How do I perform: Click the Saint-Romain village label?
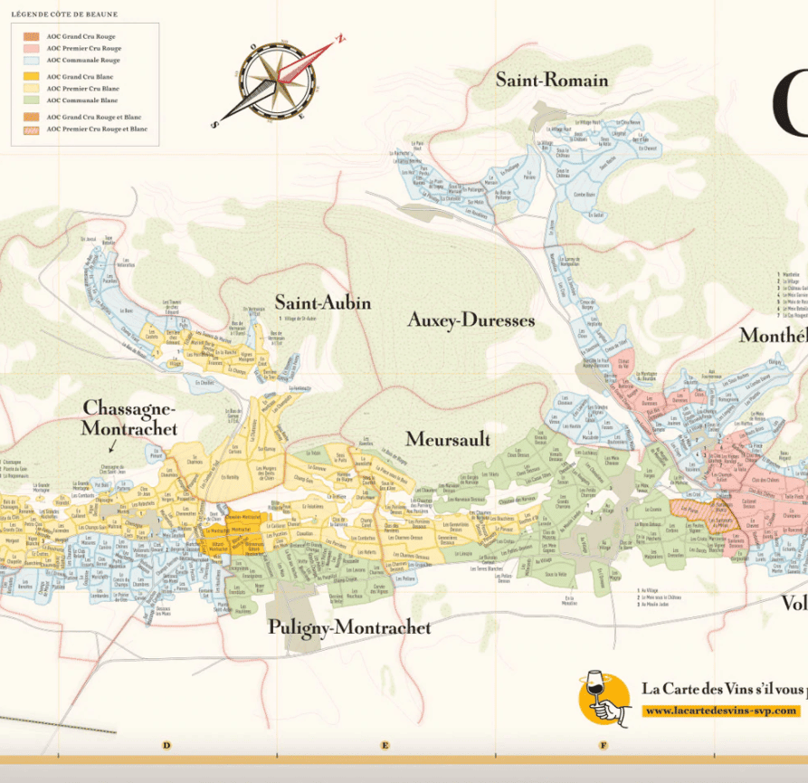point(552,81)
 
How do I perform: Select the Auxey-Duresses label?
point(471,320)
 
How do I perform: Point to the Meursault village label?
point(447,440)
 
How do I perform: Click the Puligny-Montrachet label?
point(348,627)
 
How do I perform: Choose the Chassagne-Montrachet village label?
point(129,418)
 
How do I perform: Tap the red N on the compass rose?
point(340,40)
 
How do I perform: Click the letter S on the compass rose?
point(214,125)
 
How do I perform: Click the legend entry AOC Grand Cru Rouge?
point(81,36)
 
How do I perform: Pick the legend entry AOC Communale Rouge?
point(82,60)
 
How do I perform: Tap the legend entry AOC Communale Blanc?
point(81,100)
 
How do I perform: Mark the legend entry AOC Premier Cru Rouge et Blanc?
point(96,129)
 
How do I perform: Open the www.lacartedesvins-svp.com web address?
point(721,711)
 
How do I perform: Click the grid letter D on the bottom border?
point(166,746)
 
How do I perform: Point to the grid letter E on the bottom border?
point(385,746)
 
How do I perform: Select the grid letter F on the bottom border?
point(604,746)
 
